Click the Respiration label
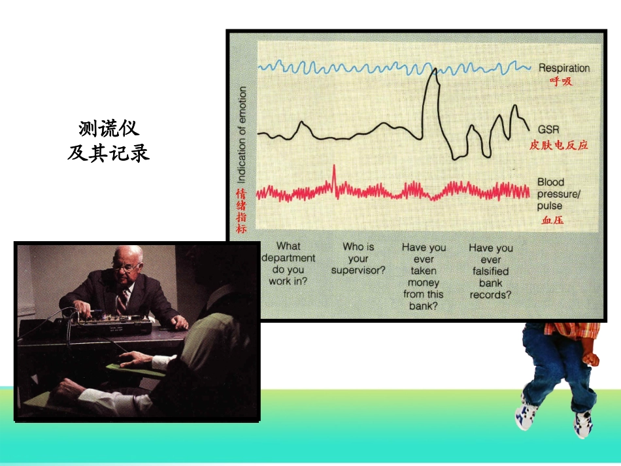[x=563, y=68]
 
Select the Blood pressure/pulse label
[x=558, y=193]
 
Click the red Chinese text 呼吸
[x=560, y=82]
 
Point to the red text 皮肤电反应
[x=558, y=145]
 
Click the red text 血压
[x=552, y=220]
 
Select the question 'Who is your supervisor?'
[x=358, y=258]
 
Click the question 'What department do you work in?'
[x=288, y=263]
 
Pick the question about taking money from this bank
[x=423, y=276]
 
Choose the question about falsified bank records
[x=490, y=271]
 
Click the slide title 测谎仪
[x=109, y=128]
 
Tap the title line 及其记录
[x=109, y=152]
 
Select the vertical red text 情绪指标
[x=241, y=210]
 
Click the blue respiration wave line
[x=392, y=67]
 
